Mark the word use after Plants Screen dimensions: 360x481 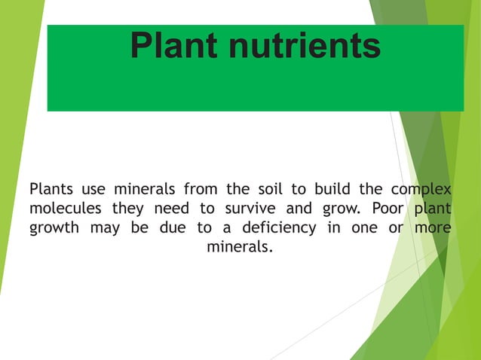pos(101,188)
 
